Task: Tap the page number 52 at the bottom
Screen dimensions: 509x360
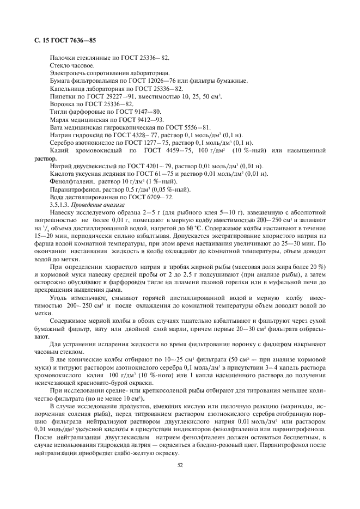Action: coord(180,464)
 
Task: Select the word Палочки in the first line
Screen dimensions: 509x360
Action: coord(63,57)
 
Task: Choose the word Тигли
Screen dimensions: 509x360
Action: coord(59,111)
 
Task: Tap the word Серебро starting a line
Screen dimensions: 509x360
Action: coord(63,142)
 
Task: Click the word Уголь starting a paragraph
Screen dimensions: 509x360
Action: coord(59,299)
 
